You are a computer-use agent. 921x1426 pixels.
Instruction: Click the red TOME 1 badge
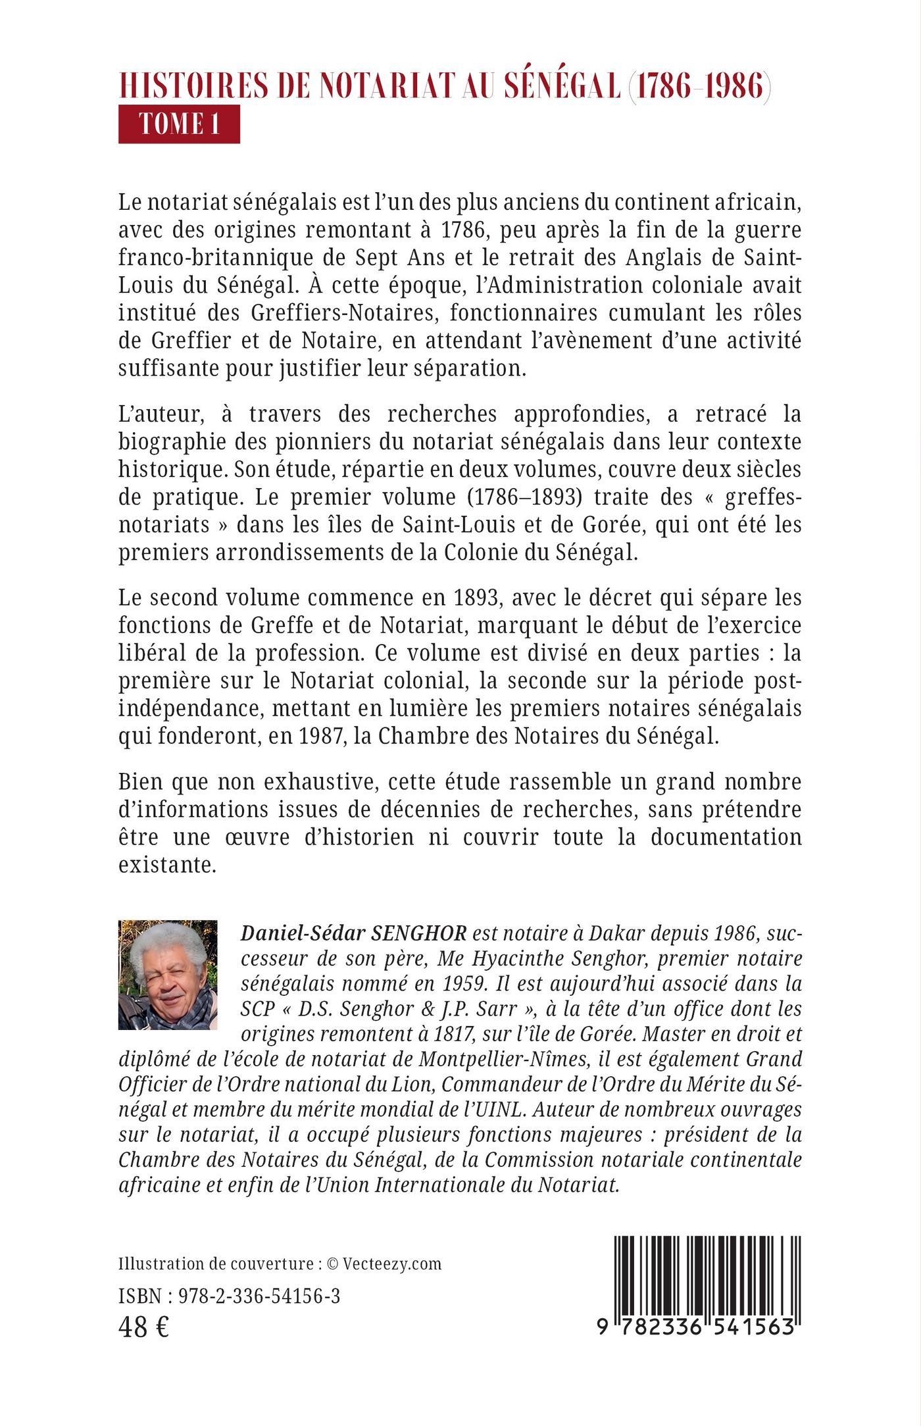[x=179, y=124]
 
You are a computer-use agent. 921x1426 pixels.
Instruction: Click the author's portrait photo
[x=168, y=974]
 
